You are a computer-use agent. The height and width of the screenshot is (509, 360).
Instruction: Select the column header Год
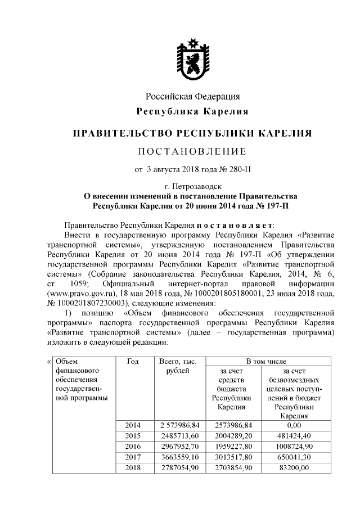[133, 361]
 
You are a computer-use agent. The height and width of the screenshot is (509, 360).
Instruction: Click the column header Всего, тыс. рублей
[177, 366]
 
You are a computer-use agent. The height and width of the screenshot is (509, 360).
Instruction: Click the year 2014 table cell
[133, 425]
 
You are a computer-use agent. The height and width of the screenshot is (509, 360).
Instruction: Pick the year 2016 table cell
[133, 446]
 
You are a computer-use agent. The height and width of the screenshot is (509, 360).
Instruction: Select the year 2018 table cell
[133, 467]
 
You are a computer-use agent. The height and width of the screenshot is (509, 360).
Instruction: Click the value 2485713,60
[177, 436]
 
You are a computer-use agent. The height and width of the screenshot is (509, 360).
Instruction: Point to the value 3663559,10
[177, 457]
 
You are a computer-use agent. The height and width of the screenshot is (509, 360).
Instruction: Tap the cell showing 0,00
[294, 425]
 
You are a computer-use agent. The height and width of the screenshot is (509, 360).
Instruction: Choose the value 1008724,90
[294, 446]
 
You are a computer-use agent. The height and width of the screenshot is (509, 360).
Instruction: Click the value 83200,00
[294, 467]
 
